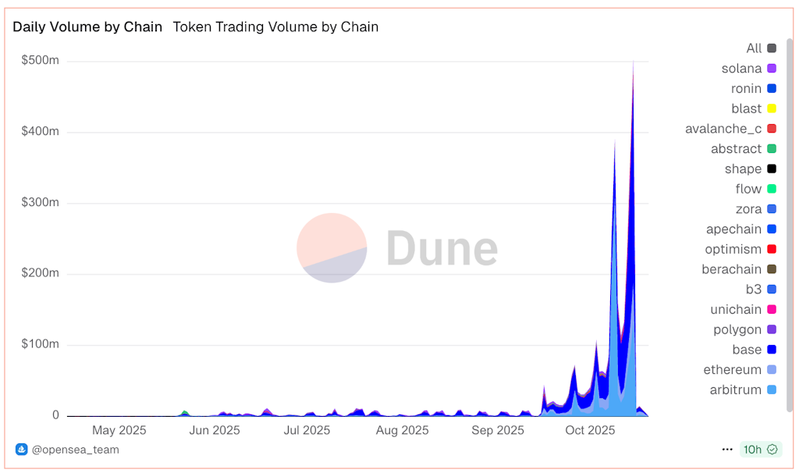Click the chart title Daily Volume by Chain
pos(87,27)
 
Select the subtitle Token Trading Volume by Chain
pos(275,27)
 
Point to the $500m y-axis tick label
pos(41,61)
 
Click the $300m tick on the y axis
pos(41,203)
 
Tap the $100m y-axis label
pos(41,344)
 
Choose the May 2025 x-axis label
pos(119,430)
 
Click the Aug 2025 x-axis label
pos(402,430)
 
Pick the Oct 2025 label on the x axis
pos(590,430)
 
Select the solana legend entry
pos(741,69)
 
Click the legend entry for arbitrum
pos(736,389)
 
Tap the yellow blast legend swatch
pos(772,108)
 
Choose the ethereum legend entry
pos(733,369)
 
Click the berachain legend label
pos(732,269)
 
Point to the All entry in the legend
pos(754,48)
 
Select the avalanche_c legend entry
pos(723,129)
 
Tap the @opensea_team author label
pos(75,450)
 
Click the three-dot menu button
pos(727,450)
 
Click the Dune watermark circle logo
pos(332,247)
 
